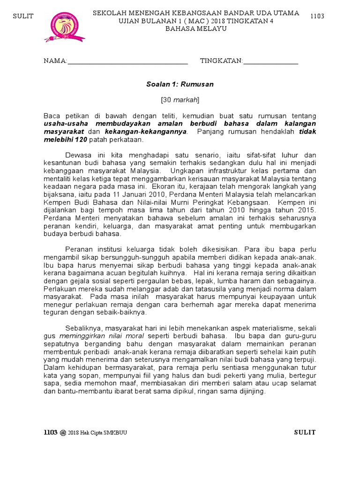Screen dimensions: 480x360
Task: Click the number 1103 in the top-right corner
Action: click(317, 16)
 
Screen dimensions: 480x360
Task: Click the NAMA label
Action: click(55, 61)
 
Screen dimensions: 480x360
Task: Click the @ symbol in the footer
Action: click(63, 433)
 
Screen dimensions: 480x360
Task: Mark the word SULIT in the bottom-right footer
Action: click(305, 432)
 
